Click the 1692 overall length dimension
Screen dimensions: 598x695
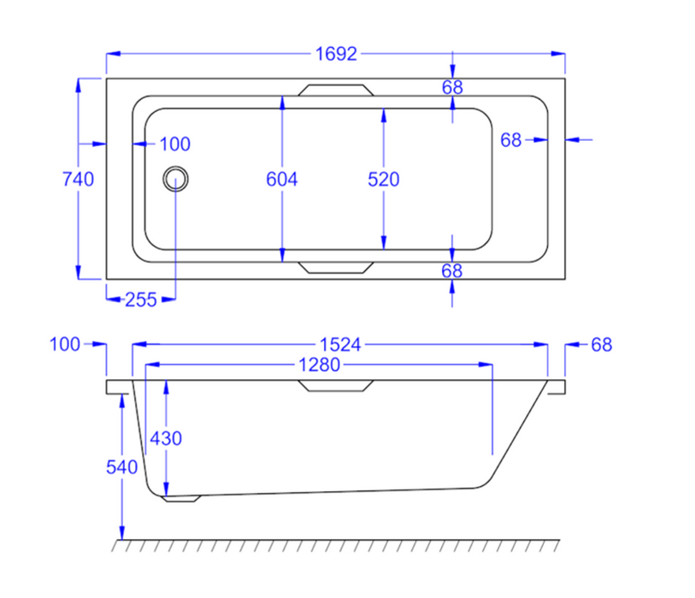coord(335,54)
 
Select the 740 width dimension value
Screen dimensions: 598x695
coord(78,179)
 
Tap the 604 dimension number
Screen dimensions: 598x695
coord(282,179)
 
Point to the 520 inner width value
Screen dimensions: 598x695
coord(384,179)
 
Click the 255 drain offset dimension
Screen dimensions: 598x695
coord(141,299)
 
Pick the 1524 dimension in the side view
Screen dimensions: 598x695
coord(340,344)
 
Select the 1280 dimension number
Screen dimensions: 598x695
coord(319,366)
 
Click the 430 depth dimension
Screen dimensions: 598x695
coord(166,437)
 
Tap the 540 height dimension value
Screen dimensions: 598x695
coord(121,467)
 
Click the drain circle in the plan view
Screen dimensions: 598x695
coord(176,179)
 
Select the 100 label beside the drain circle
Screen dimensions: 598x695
coord(174,144)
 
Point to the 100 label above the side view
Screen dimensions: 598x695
coord(65,344)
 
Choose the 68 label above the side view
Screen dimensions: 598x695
coord(602,344)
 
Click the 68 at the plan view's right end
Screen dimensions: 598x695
coord(511,140)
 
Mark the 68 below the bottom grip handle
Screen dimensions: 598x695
coord(452,271)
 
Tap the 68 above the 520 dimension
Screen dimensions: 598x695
coord(452,86)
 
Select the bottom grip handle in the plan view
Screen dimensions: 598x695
coord(336,267)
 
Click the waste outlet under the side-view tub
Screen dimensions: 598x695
coord(181,498)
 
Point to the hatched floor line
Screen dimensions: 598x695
coord(338,544)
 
